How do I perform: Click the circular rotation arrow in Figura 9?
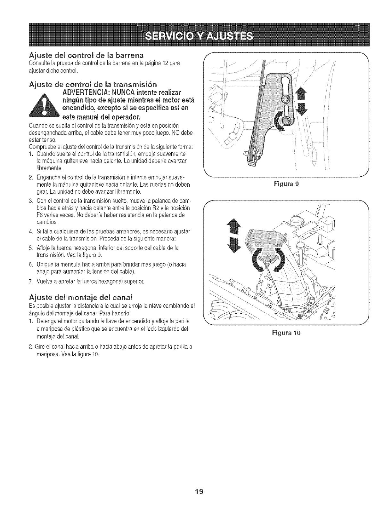click(x=279, y=123)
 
